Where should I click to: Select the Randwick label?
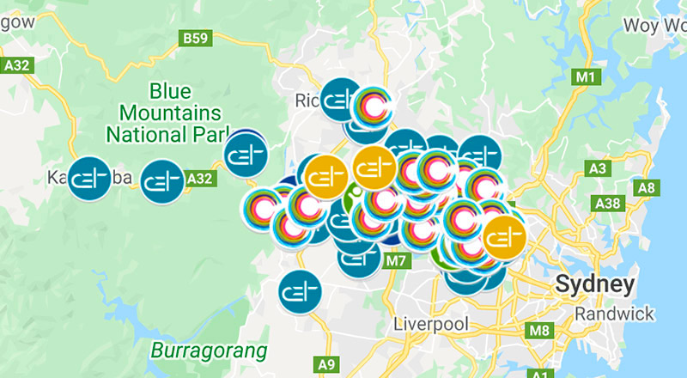point(616,314)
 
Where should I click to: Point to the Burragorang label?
point(209,351)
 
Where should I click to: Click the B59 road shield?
point(195,38)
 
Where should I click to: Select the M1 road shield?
point(587,78)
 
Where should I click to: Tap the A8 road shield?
point(646,187)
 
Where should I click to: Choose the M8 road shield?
point(539,330)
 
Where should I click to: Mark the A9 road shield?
point(327,364)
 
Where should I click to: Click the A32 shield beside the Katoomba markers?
point(199,178)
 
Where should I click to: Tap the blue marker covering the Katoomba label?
point(90,178)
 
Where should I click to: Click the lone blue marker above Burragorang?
point(300,291)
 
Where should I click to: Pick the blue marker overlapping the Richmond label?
point(341,101)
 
